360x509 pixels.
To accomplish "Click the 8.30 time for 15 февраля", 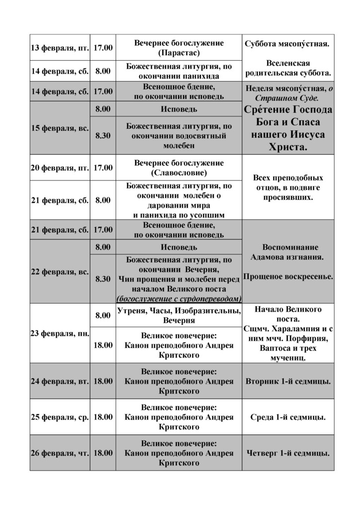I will click(x=103, y=136).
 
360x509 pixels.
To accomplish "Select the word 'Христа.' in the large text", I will click(x=288, y=148).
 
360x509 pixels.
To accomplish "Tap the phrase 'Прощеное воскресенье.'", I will click(x=288, y=276).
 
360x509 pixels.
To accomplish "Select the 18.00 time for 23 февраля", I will click(x=103, y=345).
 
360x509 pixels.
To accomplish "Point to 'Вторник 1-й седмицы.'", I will click(x=288, y=381).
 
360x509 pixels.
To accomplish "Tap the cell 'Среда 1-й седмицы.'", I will click(x=288, y=417).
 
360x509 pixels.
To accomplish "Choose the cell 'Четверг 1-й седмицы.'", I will click(x=288, y=453).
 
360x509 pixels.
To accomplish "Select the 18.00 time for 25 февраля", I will click(x=103, y=417).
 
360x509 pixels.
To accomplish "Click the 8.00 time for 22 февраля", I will click(x=103, y=247).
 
